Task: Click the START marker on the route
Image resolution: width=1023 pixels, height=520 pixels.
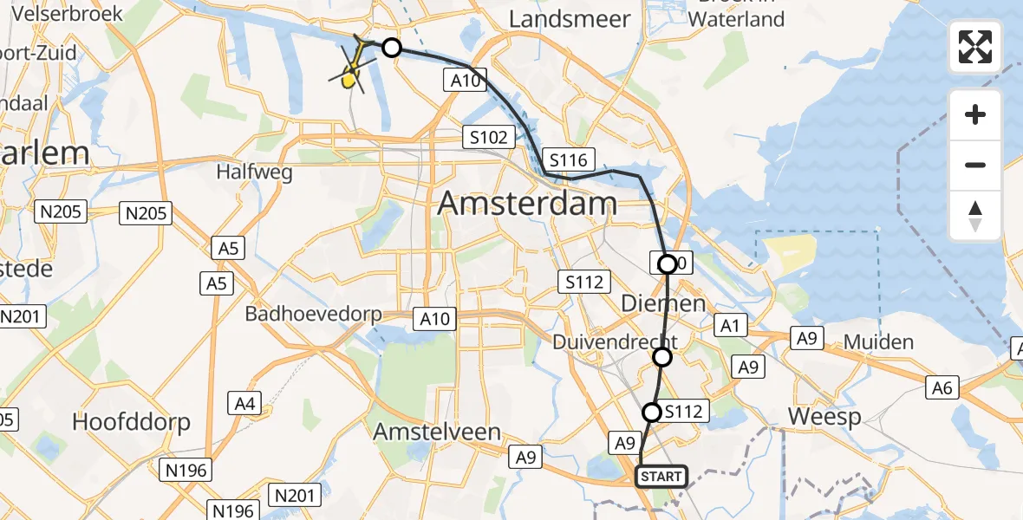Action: [661, 477]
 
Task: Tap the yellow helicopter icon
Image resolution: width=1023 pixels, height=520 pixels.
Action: [351, 75]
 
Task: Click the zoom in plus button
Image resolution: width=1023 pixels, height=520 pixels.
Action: [975, 114]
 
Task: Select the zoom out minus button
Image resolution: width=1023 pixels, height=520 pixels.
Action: [975, 165]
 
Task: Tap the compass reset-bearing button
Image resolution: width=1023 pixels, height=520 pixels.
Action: [975, 215]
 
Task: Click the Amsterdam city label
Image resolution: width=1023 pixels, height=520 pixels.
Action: [527, 204]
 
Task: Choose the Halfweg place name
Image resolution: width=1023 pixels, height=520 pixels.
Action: [255, 172]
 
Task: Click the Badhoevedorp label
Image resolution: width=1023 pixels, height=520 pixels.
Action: [314, 314]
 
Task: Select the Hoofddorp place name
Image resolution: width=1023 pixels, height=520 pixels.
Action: [130, 422]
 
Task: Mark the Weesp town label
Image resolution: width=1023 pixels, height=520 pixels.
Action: [824, 418]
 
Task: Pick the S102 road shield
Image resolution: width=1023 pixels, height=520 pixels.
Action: [488, 137]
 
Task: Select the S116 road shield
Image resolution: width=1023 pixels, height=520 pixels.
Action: [568, 159]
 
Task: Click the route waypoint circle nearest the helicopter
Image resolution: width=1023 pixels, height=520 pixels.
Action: [392, 48]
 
